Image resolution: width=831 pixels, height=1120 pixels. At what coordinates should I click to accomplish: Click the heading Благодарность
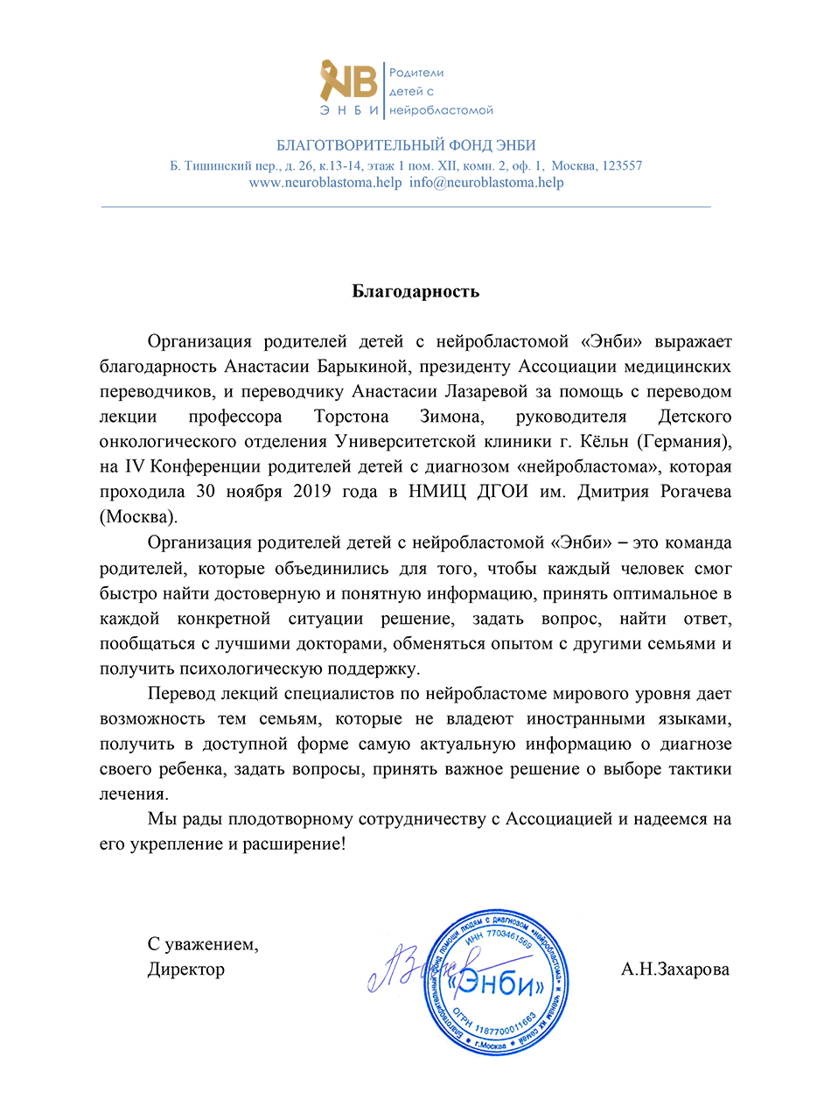[x=415, y=291]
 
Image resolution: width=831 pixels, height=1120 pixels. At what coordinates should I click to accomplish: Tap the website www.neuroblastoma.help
[x=325, y=183]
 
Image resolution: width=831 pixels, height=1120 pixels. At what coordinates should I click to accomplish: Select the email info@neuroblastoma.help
[x=486, y=183]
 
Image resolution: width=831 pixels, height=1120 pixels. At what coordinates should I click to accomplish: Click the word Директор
[x=185, y=969]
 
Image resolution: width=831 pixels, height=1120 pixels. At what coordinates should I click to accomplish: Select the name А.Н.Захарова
[x=675, y=969]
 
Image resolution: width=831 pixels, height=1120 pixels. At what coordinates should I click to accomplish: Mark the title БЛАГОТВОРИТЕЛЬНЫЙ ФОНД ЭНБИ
[x=406, y=145]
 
